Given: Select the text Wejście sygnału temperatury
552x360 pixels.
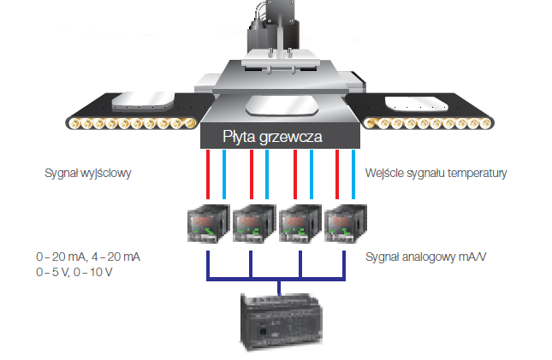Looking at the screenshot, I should point(436,174).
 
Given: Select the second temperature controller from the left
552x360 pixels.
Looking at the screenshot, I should point(254,225).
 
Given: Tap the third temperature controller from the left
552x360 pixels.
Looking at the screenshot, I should point(300,225).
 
